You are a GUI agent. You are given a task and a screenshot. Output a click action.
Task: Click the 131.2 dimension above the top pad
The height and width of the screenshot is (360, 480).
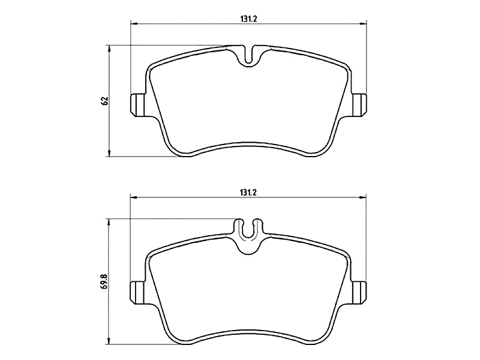tap(248, 19)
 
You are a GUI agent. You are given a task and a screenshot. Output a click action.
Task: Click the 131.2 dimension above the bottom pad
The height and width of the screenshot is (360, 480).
tap(248, 193)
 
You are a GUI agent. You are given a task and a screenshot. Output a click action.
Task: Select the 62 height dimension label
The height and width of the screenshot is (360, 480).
tap(106, 101)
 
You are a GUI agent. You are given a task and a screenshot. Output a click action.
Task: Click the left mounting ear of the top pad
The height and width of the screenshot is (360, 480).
tap(137, 104)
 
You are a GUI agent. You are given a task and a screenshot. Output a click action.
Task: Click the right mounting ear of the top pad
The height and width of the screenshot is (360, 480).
tap(359, 104)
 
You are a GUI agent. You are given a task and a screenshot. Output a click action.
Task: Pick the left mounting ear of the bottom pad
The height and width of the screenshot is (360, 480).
tap(137, 292)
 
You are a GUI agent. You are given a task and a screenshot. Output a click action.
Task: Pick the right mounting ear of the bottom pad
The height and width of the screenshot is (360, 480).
tap(359, 292)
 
